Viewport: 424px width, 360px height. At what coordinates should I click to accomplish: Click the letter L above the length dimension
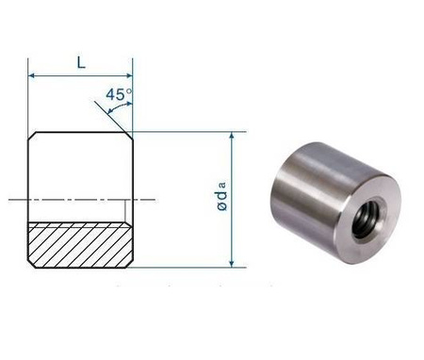click(81, 62)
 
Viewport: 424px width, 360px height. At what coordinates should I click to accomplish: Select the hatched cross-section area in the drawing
click(81, 243)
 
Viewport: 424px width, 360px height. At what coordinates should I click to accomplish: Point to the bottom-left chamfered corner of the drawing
click(32, 263)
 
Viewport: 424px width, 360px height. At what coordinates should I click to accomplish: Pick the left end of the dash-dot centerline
click(11, 199)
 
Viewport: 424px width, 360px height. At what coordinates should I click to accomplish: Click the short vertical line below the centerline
click(124, 210)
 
